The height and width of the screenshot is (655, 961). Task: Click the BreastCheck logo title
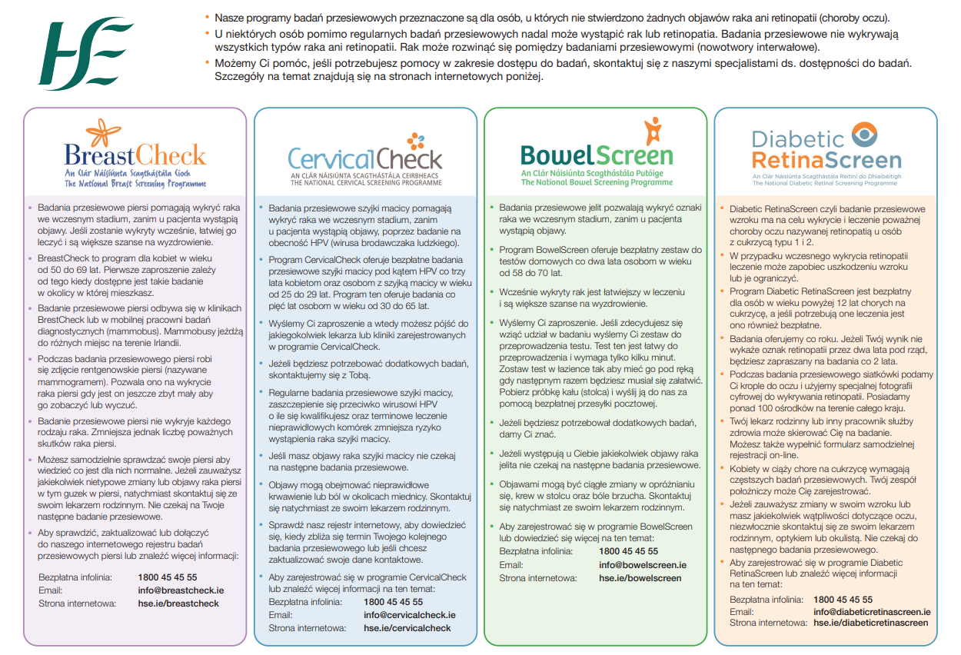pos(135,156)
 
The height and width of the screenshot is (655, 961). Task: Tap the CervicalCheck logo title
pos(364,159)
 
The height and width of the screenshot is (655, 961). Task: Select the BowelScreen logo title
pos(597,155)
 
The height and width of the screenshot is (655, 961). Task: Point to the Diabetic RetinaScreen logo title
pos(826,150)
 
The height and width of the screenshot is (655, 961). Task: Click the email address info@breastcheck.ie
pos(181,590)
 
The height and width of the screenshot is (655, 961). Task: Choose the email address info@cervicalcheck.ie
pos(409,615)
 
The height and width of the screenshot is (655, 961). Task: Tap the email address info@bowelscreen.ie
pos(642,565)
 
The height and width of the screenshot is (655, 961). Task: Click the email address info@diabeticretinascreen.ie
pos(872,612)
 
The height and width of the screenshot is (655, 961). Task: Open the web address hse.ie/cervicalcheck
pos(407,628)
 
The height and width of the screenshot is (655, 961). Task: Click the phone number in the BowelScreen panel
pos(628,551)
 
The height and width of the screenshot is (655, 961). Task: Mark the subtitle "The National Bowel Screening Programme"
pos(597,183)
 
